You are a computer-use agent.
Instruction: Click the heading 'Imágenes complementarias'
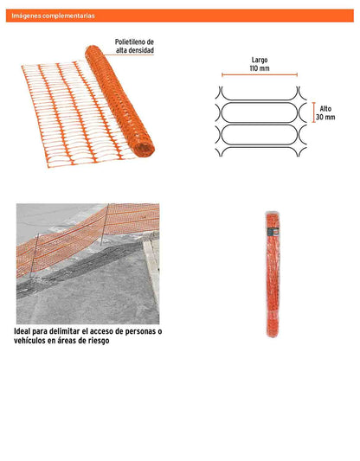[54, 16]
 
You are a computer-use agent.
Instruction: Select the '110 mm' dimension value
[260, 68]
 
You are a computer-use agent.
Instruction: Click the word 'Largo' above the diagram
[260, 60]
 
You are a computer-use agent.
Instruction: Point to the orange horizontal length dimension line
[260, 74]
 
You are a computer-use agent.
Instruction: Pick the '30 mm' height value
[325, 117]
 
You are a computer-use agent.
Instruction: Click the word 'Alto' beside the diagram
[325, 109]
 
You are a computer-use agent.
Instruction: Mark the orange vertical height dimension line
[314, 112]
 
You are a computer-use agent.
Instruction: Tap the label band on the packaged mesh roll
[273, 232]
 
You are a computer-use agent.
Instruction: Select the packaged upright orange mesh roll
[273, 274]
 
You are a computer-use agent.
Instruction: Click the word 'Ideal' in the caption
[22, 331]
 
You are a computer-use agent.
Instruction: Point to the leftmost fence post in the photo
[34, 255]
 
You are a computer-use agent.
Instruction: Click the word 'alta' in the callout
[120, 50]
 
